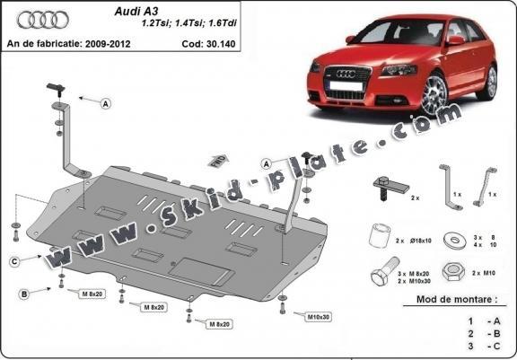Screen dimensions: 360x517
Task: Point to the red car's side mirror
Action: coord(456,40)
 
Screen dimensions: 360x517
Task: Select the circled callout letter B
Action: coord(23,293)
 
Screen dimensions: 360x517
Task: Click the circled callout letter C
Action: coord(15,261)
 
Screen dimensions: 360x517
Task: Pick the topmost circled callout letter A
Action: coord(105,104)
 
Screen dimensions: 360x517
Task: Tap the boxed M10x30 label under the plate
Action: coord(317,317)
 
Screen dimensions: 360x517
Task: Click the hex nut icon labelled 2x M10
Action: coord(453,271)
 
